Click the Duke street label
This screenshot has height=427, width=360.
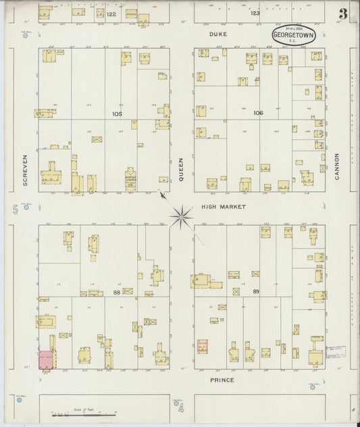[x=217, y=33]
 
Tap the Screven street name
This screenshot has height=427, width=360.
[x=24, y=170]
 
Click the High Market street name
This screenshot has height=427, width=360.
[x=224, y=206]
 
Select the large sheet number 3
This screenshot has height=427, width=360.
[x=343, y=14]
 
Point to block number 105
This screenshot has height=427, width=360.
[x=118, y=114]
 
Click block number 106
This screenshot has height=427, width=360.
[x=258, y=113]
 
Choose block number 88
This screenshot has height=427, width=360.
[x=117, y=291]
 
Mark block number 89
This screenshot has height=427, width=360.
[x=255, y=291]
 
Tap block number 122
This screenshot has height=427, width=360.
[x=111, y=14]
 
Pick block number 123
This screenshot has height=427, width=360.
[x=255, y=13]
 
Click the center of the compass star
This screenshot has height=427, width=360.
[x=180, y=216]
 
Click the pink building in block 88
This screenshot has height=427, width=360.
[x=46, y=360]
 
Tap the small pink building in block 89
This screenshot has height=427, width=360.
[x=202, y=347]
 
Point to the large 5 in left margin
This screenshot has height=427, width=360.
[x=14, y=211]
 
